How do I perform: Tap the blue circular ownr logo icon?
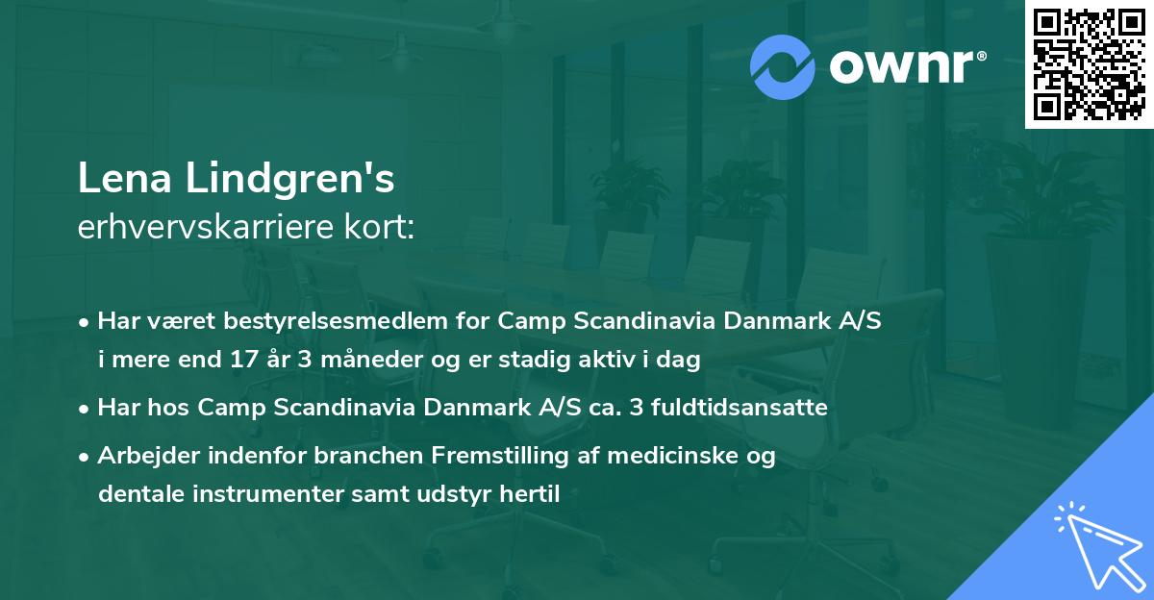[783, 67]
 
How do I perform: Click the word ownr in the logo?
[906, 67]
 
